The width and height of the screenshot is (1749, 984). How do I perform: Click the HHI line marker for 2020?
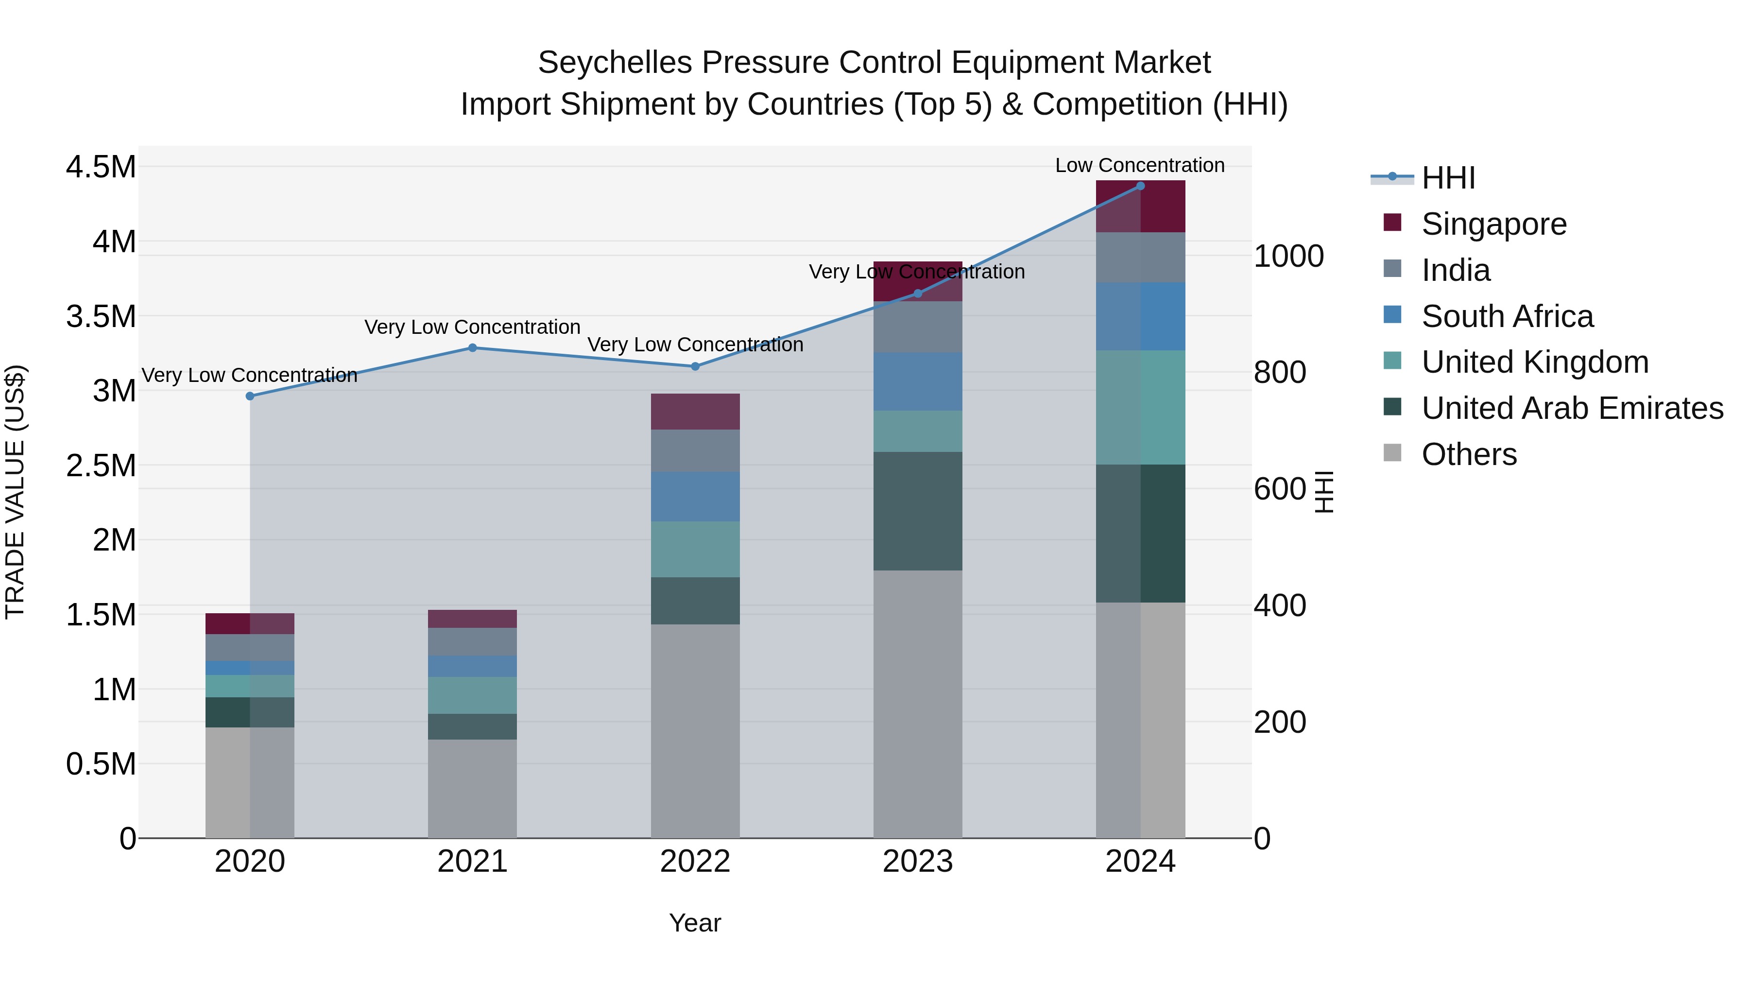250,396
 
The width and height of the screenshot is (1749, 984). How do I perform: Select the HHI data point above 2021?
473,348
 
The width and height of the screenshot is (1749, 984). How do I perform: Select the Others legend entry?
1469,454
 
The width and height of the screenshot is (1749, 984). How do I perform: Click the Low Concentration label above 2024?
1139,165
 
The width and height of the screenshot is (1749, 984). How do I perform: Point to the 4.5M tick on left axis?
101,167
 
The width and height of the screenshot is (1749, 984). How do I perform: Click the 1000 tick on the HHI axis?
1288,257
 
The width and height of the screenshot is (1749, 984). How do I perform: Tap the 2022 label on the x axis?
695,862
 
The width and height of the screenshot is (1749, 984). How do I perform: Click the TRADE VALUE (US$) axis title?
15,492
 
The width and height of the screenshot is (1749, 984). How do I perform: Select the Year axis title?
695,923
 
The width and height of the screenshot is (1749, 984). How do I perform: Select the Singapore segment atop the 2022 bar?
695,412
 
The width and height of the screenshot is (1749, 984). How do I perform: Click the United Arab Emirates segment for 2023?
917,511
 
